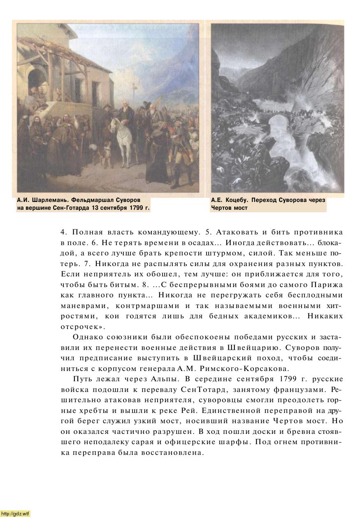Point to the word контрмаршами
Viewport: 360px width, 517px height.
point(142,306)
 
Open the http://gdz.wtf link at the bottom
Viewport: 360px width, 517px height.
point(15,513)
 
